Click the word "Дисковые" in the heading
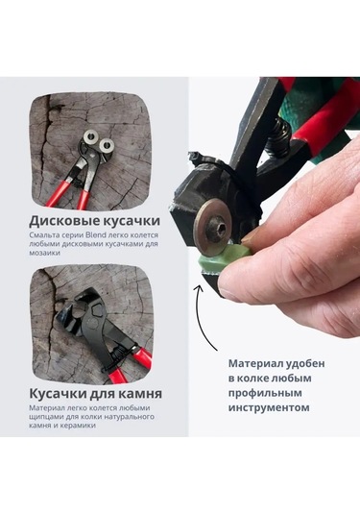click(63, 221)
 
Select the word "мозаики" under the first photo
click(44, 253)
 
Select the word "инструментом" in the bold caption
click(269, 408)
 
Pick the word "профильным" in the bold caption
click(265, 393)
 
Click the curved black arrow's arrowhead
click(199, 288)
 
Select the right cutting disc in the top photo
click(107, 144)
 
